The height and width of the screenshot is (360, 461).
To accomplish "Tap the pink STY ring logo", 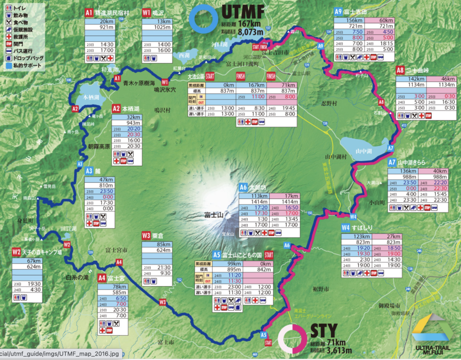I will [293, 339].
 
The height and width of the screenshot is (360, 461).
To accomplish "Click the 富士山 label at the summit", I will [210, 214].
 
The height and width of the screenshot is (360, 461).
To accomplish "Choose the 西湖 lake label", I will [184, 55].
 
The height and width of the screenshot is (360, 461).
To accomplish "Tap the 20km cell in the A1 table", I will [106, 21].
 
